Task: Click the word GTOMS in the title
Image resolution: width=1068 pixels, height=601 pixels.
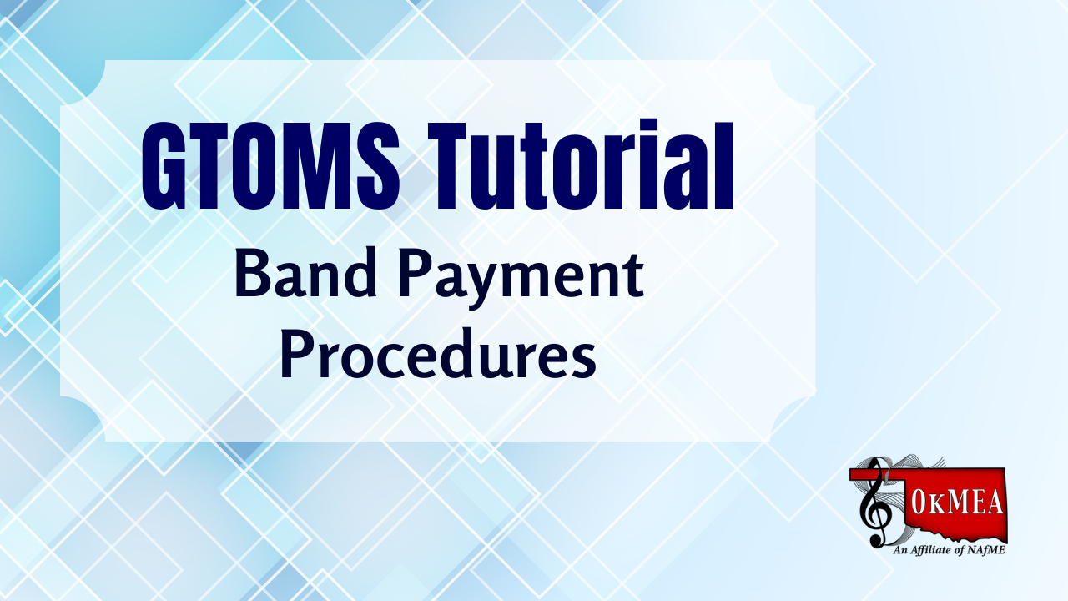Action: (x=270, y=166)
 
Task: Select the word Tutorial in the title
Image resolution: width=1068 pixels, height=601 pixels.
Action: (x=580, y=164)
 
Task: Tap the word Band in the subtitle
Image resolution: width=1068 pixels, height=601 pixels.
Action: (x=306, y=275)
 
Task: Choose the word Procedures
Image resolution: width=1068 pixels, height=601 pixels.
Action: (x=438, y=352)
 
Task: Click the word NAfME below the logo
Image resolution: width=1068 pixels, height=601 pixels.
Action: (x=986, y=550)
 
